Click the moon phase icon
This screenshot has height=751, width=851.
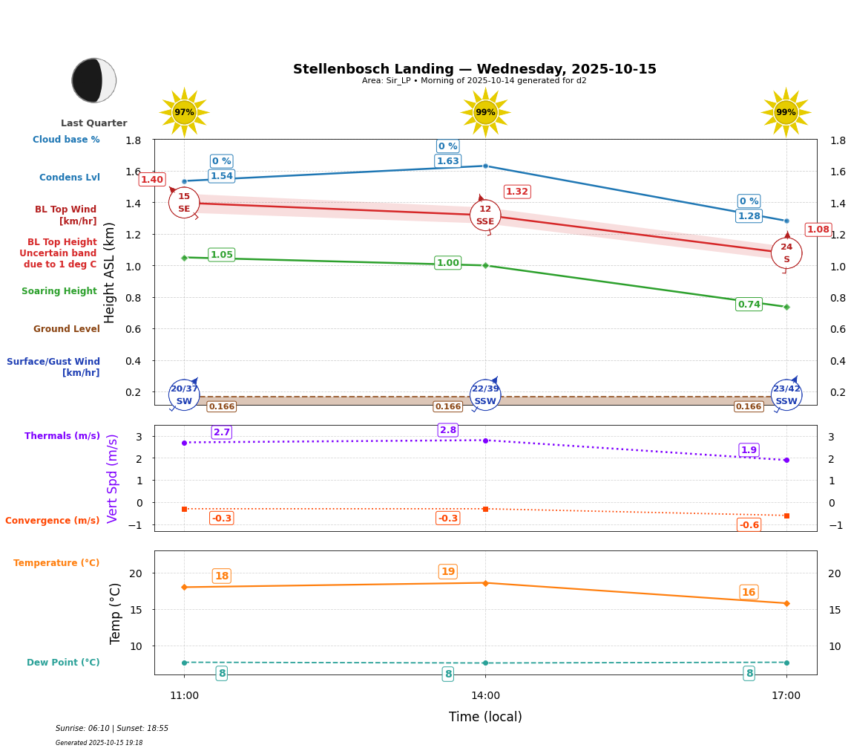click(94, 80)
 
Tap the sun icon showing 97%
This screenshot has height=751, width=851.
click(184, 112)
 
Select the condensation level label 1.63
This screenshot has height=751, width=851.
click(448, 161)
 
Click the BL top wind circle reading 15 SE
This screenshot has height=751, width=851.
click(184, 203)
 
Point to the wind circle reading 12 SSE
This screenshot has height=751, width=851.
click(485, 215)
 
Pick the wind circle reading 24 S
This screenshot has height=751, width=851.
click(786, 253)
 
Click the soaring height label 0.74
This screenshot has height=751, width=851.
click(749, 305)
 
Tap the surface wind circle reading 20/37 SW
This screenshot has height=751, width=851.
click(184, 395)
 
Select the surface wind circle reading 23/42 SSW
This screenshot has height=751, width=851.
click(786, 395)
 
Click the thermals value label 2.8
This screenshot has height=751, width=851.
click(448, 430)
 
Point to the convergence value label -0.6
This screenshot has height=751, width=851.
click(749, 525)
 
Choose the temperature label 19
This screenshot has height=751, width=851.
click(448, 572)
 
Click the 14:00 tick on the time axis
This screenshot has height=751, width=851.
click(485, 696)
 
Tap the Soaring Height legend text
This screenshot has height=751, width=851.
click(59, 291)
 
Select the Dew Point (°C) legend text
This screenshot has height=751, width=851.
click(63, 663)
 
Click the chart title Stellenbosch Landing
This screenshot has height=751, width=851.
click(475, 69)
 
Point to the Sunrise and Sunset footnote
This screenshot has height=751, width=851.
click(112, 729)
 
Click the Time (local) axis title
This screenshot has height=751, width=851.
click(485, 717)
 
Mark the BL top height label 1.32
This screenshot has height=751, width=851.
click(517, 192)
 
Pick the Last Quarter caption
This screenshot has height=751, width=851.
click(94, 123)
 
